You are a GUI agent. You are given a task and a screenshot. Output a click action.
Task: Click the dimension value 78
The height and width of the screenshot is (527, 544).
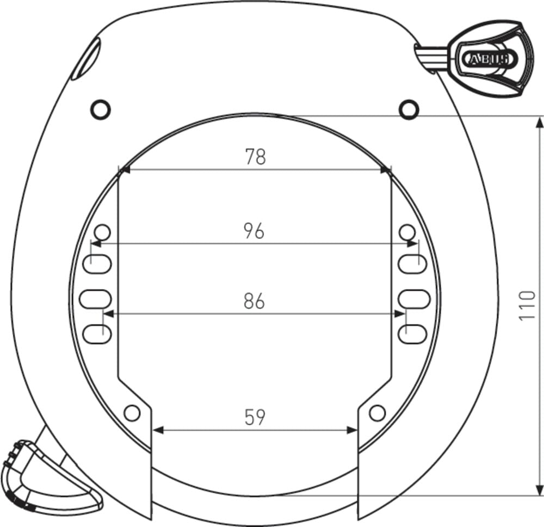pyautogui.click(x=255, y=157)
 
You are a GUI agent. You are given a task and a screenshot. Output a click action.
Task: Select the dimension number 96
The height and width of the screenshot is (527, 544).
pyautogui.click(x=254, y=231)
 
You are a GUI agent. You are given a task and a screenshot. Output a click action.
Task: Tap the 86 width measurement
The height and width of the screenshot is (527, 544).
pyautogui.click(x=254, y=301)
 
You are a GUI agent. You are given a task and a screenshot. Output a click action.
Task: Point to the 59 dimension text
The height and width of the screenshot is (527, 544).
pyautogui.click(x=254, y=418)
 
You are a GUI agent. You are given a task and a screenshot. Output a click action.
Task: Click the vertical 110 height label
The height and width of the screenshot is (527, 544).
pyautogui.click(x=527, y=305)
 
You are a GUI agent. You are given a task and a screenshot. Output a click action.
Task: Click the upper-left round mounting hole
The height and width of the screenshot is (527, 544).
pyautogui.click(x=100, y=109)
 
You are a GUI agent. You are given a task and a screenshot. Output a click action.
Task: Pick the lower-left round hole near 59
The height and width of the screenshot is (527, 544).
pyautogui.click(x=132, y=413)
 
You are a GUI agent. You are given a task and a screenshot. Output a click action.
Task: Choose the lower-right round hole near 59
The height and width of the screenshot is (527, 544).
pyautogui.click(x=376, y=413)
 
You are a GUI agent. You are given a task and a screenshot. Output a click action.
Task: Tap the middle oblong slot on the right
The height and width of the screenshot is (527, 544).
pyautogui.click(x=414, y=298)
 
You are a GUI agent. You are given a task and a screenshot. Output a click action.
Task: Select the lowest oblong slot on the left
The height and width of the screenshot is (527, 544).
pyautogui.click(x=97, y=333)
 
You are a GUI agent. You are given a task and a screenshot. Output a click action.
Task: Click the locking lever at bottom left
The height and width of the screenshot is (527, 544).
pyautogui.click(x=49, y=474)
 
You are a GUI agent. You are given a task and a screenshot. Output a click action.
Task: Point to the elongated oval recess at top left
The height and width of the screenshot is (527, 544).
pyautogui.click(x=86, y=58)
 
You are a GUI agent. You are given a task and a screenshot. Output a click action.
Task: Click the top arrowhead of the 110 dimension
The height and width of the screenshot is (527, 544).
pyautogui.click(x=539, y=122)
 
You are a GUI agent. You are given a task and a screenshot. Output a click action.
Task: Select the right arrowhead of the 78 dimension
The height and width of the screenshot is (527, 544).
pyautogui.click(x=386, y=170)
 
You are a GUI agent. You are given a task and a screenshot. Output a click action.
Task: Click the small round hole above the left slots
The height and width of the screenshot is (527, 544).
pyautogui.click(x=102, y=232)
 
